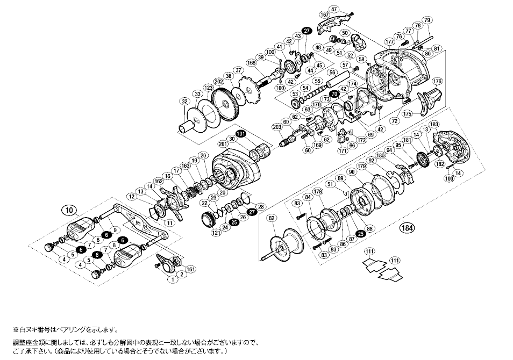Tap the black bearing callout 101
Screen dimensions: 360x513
240,134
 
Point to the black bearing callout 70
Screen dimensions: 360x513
334,94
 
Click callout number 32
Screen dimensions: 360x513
184,101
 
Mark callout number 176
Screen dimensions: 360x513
437,81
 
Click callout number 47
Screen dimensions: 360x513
348,10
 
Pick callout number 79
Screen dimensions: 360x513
427,20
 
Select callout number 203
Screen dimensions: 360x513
277,127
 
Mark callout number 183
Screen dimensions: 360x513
434,125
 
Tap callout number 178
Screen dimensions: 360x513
317,191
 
